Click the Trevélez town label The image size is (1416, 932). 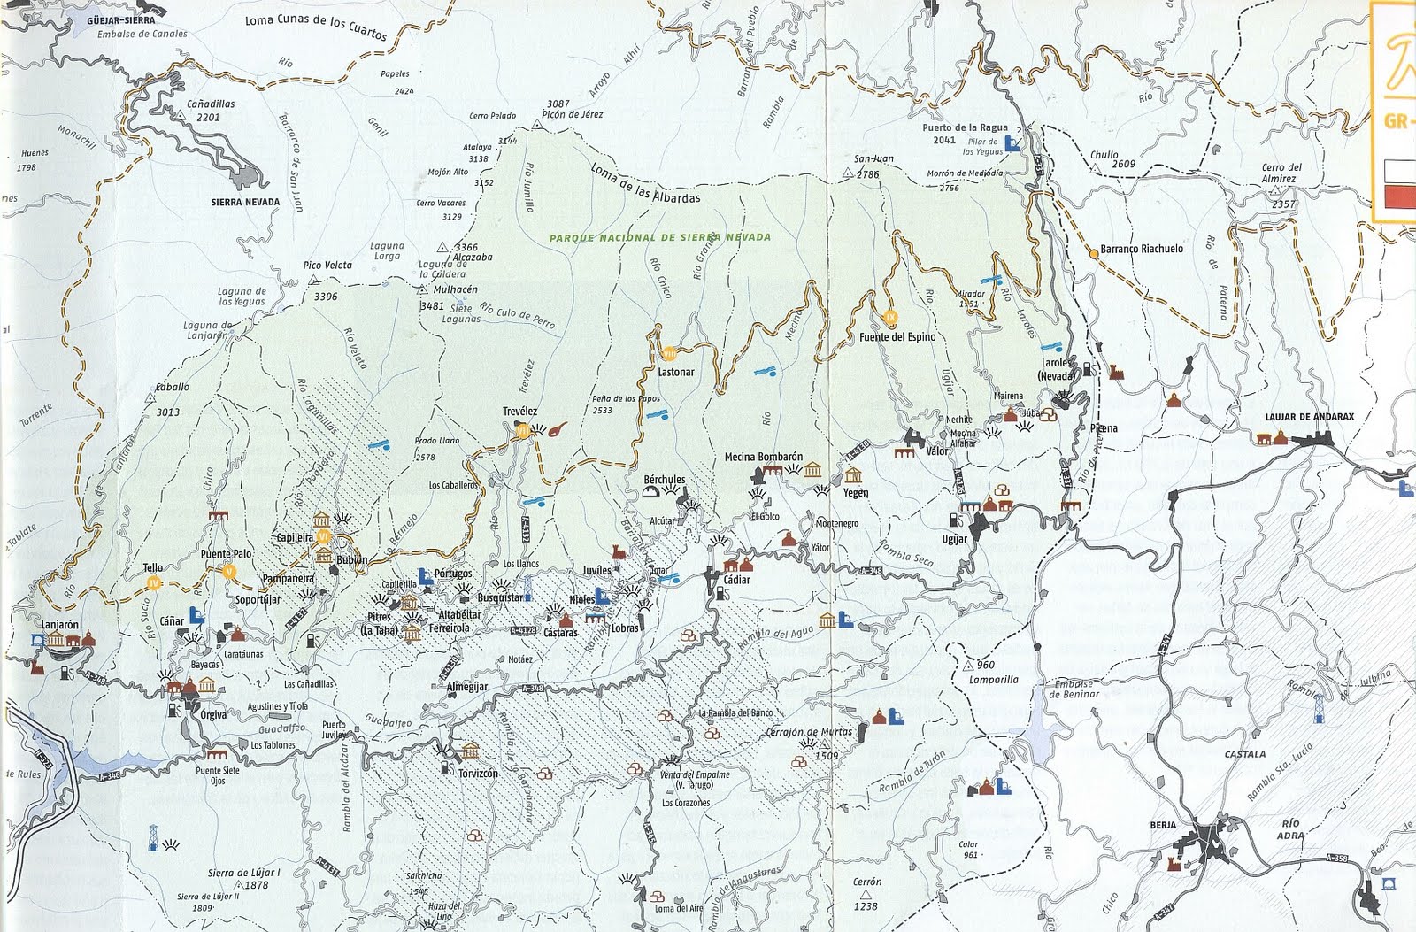point(519,412)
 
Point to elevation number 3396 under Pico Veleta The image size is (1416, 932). point(326,297)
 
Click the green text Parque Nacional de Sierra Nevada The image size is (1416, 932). point(659,237)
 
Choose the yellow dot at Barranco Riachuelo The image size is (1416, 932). point(1094,253)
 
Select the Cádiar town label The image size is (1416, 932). point(736,581)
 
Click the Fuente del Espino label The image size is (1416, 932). point(897,337)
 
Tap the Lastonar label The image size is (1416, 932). point(676,373)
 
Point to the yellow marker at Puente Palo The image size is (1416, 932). point(229,571)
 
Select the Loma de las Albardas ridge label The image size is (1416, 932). point(644,184)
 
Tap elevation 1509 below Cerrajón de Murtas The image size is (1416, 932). point(826,756)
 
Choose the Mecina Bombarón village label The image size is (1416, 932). point(763,457)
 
